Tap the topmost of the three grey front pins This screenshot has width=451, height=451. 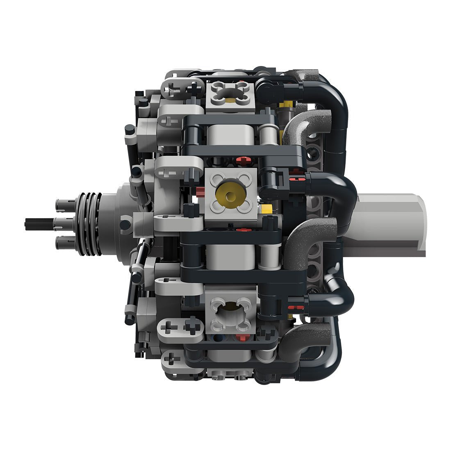tap(64, 203)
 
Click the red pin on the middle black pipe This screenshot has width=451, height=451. tap(298, 179)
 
